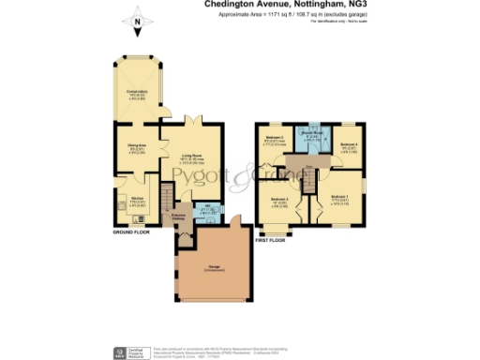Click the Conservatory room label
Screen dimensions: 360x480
click(x=138, y=93)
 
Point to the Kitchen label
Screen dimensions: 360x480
click(x=137, y=200)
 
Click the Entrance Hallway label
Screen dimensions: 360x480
click(x=177, y=217)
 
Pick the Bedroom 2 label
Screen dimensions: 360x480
click(x=279, y=202)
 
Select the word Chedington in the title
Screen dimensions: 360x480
click(x=229, y=5)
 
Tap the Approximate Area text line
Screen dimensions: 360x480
click(x=277, y=14)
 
